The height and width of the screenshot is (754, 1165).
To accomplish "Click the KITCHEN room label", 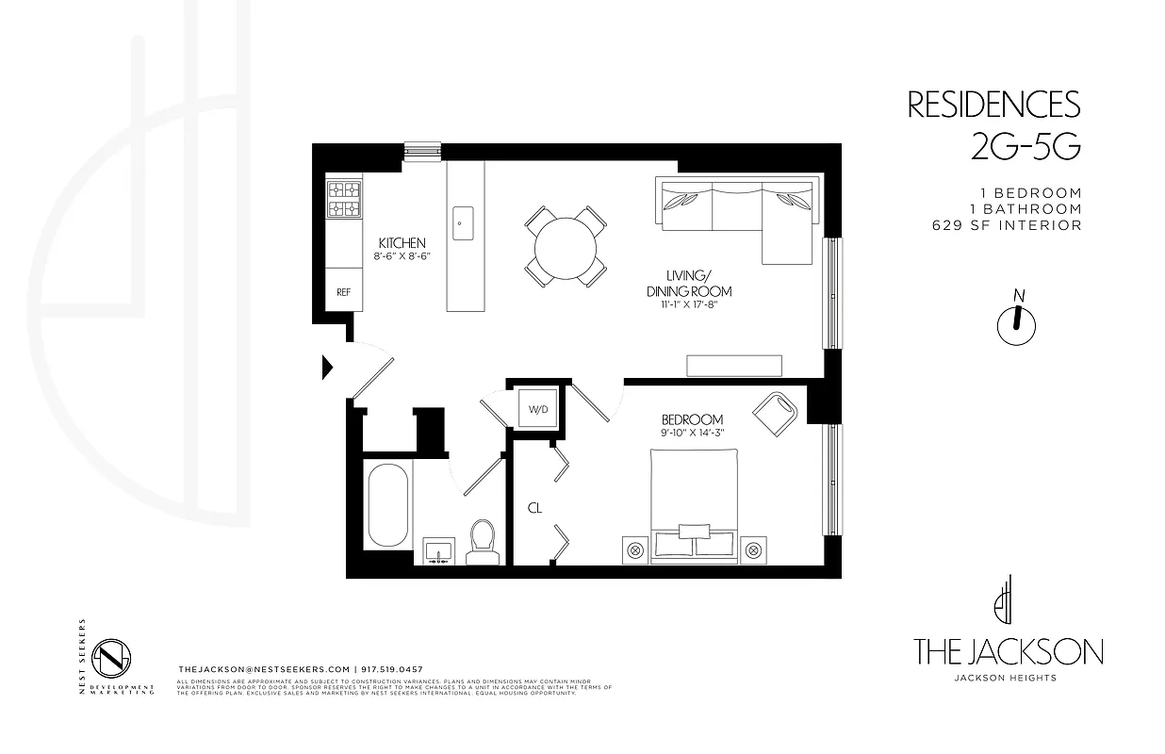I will (x=402, y=243).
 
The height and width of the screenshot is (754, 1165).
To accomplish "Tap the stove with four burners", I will (x=344, y=199).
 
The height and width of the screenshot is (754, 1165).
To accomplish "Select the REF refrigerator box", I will (x=344, y=292).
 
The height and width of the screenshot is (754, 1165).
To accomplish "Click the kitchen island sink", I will (x=464, y=224).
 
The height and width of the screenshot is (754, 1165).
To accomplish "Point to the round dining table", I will (x=566, y=247).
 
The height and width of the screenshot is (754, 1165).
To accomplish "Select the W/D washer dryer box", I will (x=537, y=410).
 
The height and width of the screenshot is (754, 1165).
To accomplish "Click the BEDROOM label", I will (x=692, y=419).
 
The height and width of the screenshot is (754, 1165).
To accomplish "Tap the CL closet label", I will (x=534, y=508).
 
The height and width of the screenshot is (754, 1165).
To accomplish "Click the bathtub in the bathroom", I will (x=386, y=509).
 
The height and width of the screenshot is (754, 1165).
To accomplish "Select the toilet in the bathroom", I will (x=483, y=542).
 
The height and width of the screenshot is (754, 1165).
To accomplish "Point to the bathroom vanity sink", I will (x=438, y=549).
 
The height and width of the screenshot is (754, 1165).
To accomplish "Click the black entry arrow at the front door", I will (x=328, y=367).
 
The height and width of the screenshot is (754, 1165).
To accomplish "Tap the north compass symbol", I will (x=1016, y=321).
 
